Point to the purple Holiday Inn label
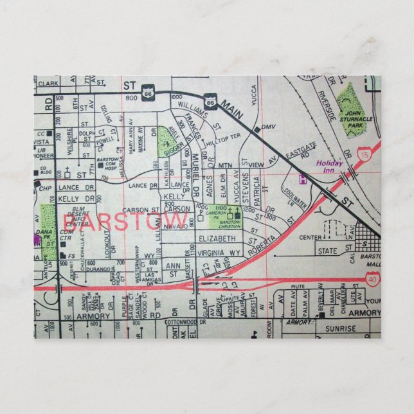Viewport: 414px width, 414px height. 330,166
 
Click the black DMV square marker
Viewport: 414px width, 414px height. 256,129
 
